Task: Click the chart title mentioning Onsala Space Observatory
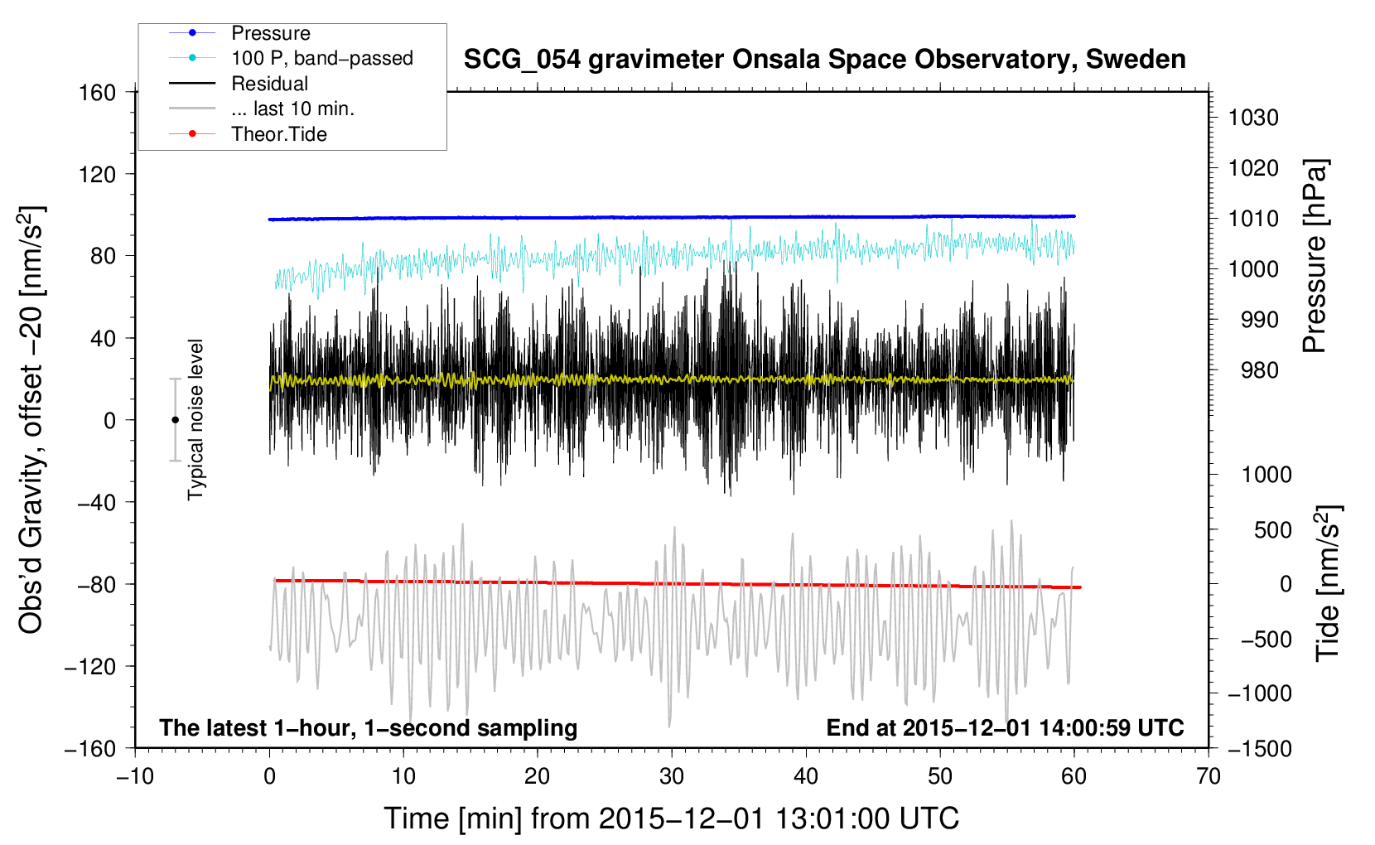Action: coord(824,60)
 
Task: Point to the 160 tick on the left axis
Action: coord(98,93)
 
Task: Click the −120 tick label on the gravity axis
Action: coord(90,666)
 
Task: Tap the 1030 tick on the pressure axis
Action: coord(1253,118)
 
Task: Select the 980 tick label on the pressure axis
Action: coord(1259,370)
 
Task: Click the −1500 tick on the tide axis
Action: coord(1260,749)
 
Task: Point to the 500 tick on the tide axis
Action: coord(1272,529)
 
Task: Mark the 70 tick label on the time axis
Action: coord(1208,776)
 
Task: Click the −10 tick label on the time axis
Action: coord(135,776)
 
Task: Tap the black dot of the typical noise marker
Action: coord(175,420)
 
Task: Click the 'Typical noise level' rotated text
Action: coord(195,420)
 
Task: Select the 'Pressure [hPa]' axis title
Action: coord(1315,257)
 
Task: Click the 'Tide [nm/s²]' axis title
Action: coord(1329,583)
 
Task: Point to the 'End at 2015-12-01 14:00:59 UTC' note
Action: coord(1005,727)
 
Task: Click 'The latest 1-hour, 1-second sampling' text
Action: coord(369,728)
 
